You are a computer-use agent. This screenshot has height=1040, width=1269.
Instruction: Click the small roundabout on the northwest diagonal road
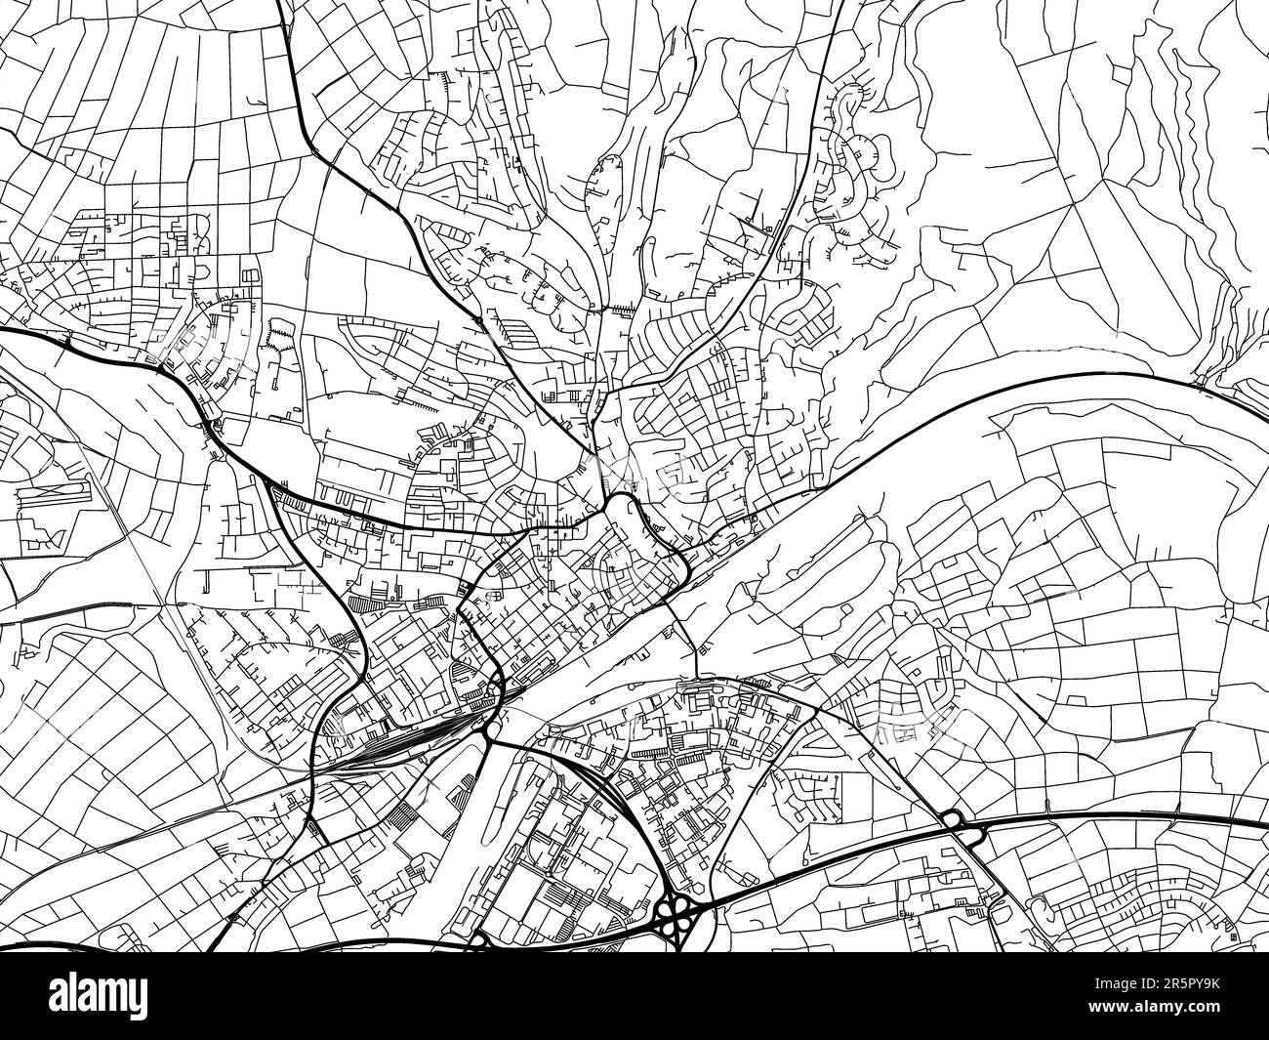[x=478, y=319]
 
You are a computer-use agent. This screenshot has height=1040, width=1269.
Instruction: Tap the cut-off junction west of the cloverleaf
[x=478, y=940]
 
